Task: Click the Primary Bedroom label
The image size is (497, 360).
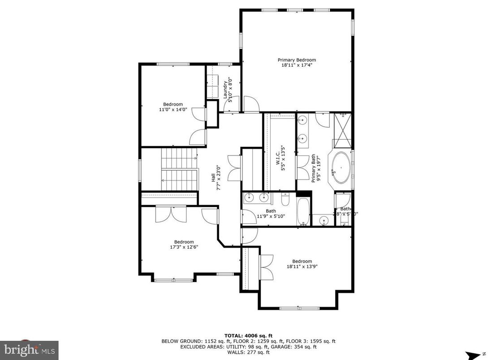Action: coord(296,60)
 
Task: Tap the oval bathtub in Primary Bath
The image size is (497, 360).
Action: coord(340,169)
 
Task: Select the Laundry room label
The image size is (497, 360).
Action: coord(225,87)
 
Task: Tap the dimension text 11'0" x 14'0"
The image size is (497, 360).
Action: coord(173,109)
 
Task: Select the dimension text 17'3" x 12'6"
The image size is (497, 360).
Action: coord(184,247)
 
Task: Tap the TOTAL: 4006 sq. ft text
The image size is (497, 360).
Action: coord(248,335)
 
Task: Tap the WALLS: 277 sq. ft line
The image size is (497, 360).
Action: coord(248,352)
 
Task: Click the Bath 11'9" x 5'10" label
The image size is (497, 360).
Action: coord(271,214)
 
